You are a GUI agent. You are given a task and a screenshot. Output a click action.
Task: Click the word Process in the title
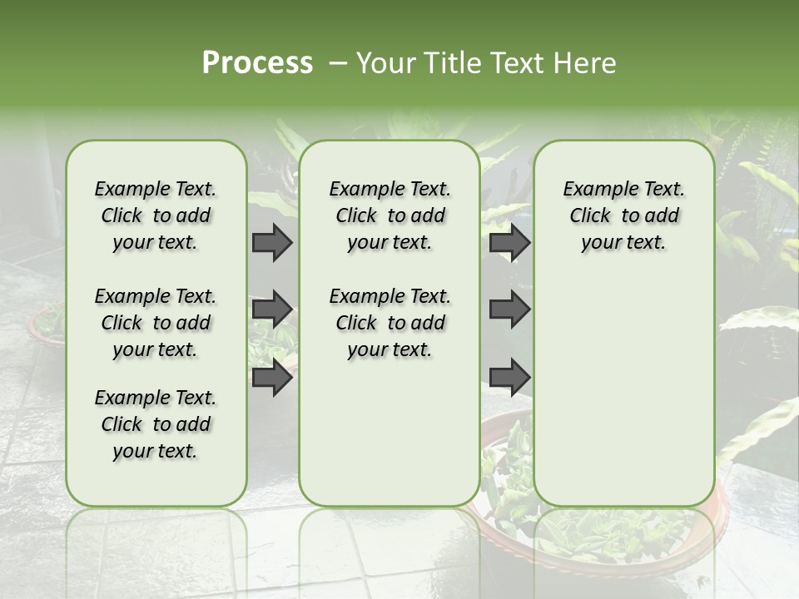(257, 63)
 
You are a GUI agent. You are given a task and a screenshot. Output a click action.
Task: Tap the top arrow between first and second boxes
(272, 243)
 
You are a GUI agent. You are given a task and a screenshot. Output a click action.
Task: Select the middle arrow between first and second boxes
(272, 310)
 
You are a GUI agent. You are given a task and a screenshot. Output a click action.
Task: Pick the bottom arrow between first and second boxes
(272, 378)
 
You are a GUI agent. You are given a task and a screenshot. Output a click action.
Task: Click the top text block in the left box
(156, 215)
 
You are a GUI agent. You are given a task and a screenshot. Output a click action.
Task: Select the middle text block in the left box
(156, 323)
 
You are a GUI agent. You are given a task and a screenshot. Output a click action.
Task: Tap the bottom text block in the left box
(156, 424)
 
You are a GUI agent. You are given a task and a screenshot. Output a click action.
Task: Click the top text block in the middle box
(390, 215)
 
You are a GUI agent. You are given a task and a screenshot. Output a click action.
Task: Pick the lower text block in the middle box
(390, 323)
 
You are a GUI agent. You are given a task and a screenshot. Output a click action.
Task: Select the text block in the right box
(623, 215)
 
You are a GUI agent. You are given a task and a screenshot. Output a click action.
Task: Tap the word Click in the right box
(590, 216)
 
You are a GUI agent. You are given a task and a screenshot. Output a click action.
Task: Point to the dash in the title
(336, 63)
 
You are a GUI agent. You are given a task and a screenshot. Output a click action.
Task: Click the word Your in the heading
(386, 63)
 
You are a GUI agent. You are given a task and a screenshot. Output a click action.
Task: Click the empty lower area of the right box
(623, 391)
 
